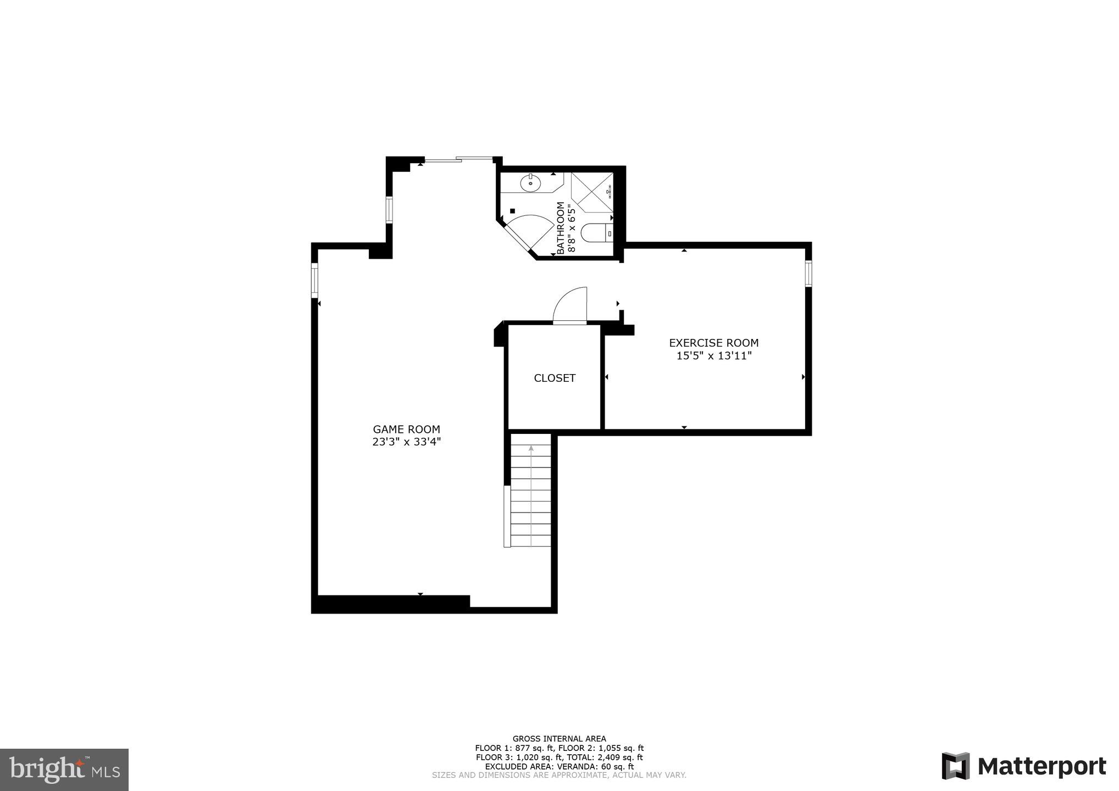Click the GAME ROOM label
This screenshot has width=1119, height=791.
pyautogui.click(x=406, y=430)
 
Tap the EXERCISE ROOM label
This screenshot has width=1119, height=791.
pyautogui.click(x=713, y=343)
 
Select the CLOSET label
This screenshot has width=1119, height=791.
pyautogui.click(x=555, y=378)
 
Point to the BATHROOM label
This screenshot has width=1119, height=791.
pyautogui.click(x=560, y=228)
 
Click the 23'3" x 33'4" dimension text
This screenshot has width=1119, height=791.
pyautogui.click(x=406, y=442)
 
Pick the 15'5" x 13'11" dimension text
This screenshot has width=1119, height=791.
pyautogui.click(x=713, y=356)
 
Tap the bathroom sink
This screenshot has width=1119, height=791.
pyautogui.click(x=531, y=183)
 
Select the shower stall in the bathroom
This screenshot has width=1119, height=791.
pyautogui.click(x=592, y=192)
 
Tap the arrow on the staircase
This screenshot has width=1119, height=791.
pyautogui.click(x=531, y=449)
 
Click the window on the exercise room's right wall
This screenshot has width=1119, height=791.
pyautogui.click(x=808, y=274)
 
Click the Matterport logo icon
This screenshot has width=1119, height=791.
pyautogui.click(x=955, y=766)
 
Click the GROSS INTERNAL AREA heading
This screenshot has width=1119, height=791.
pyautogui.click(x=559, y=739)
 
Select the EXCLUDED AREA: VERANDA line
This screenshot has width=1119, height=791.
pyautogui.click(x=559, y=767)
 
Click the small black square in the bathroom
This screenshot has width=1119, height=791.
pyautogui.click(x=512, y=210)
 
